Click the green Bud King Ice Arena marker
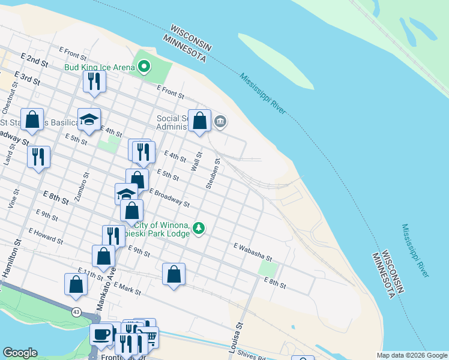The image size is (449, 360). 144,67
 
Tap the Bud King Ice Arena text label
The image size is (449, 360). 100,67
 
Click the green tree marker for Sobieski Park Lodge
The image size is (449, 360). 199,228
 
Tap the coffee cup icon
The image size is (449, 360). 101,333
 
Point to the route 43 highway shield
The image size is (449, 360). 76,312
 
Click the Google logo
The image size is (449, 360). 20,353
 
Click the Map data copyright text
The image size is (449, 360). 411,355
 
